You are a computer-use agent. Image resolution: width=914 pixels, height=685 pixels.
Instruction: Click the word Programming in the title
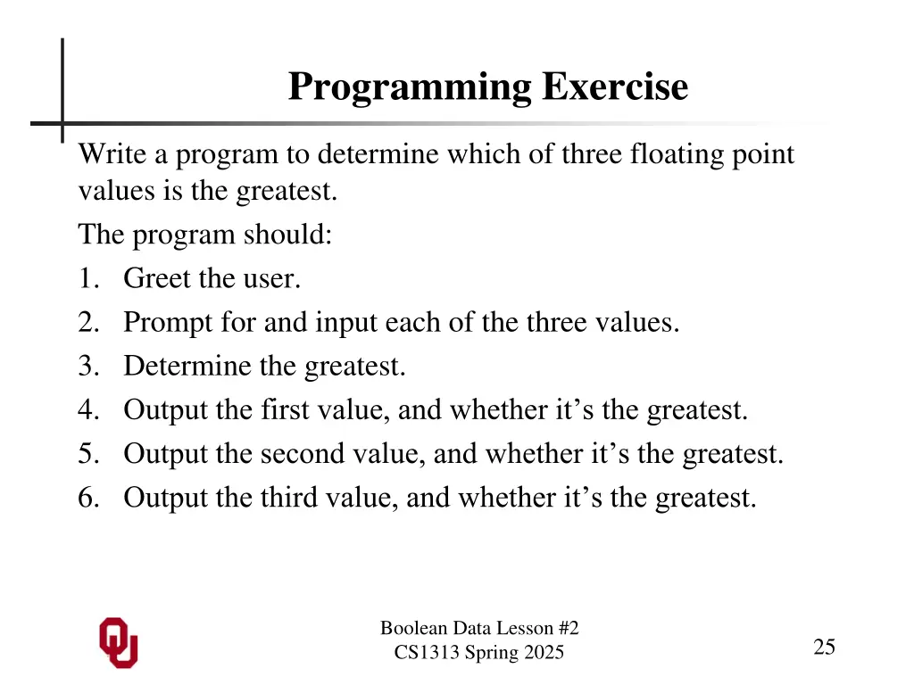(x=410, y=87)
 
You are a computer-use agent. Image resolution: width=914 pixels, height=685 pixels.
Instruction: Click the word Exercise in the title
(x=615, y=87)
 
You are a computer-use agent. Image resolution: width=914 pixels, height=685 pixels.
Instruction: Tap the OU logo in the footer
(x=118, y=642)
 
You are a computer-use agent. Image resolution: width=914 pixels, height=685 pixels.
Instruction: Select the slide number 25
(x=824, y=648)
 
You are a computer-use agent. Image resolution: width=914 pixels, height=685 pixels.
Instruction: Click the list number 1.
(x=86, y=279)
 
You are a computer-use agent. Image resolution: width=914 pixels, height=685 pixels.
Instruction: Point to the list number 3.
(x=86, y=367)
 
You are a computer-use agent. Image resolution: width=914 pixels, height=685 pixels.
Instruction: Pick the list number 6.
(x=87, y=498)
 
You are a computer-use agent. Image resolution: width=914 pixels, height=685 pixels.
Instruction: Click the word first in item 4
(x=283, y=410)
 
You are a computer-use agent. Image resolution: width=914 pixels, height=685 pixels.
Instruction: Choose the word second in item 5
(x=301, y=454)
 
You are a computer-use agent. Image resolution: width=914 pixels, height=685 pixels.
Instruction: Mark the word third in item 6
(x=287, y=498)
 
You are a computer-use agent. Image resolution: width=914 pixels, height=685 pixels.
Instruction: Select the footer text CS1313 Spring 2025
(x=479, y=653)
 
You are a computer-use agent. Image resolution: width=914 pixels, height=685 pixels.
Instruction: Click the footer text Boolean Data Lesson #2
(x=479, y=629)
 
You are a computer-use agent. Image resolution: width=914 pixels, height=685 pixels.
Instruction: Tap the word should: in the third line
(x=287, y=235)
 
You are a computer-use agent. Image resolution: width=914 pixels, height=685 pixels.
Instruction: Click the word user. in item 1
(x=271, y=279)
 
